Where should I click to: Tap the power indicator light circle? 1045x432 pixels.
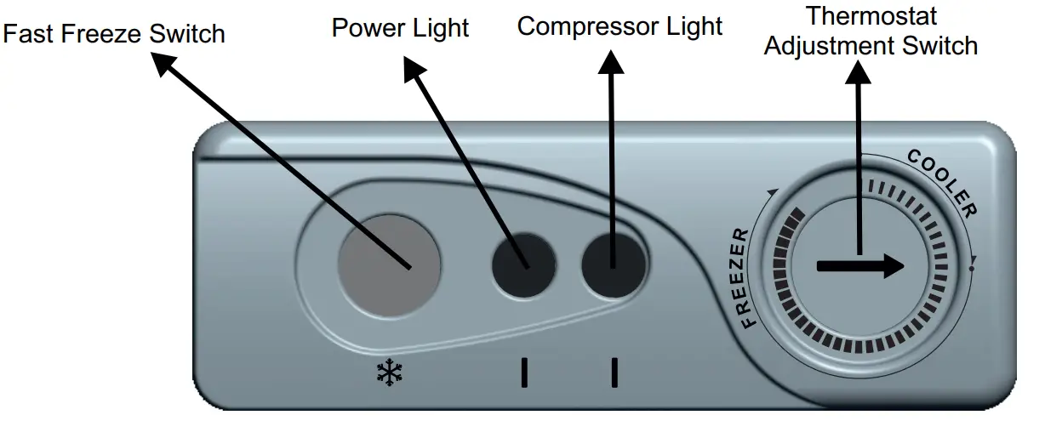[523, 263]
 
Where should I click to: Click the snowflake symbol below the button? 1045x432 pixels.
[390, 372]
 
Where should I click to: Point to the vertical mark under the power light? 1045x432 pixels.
[524, 372]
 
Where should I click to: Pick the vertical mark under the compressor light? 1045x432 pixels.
[614, 372]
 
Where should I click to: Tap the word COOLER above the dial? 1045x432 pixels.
[942, 181]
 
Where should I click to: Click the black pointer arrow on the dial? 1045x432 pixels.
[859, 265]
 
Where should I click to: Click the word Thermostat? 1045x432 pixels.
[871, 15]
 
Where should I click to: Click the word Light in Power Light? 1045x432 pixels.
[441, 28]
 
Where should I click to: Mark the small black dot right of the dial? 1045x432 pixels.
[971, 269]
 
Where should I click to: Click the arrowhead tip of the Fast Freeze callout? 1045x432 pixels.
[154, 56]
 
